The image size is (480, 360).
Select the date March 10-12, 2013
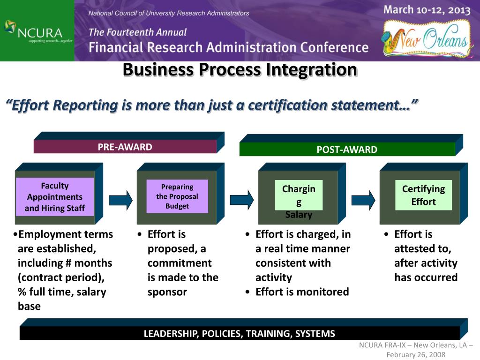pos(427,10)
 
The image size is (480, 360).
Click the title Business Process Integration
pos(240,70)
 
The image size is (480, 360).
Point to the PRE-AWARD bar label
pos(125,147)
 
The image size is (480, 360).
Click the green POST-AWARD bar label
pos(346,150)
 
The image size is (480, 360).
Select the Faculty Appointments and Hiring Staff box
pos(55,197)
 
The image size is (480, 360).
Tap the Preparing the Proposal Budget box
pos(177,196)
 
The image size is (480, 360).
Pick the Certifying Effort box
pos(423,195)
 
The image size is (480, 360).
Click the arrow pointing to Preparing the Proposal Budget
pos(120,200)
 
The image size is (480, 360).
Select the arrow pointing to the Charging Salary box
pos(242,200)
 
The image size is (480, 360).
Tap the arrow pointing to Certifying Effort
pos(363,200)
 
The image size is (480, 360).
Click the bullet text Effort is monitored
pos(302,292)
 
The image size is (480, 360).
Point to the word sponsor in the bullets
pos(167,292)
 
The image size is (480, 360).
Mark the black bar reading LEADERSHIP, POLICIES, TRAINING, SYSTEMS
pos(239,334)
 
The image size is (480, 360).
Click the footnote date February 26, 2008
pos(416,355)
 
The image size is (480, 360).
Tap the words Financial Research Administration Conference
pos(229,47)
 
